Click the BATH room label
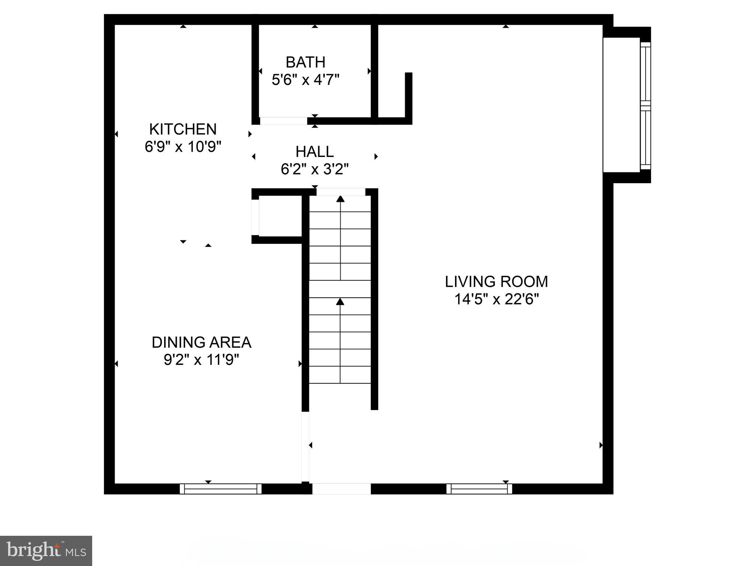click(x=305, y=62)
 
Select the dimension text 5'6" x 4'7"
click(x=305, y=80)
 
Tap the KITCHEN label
click(x=183, y=129)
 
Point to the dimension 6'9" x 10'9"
click(x=183, y=147)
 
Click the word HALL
click(x=314, y=152)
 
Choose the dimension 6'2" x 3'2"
click(x=314, y=169)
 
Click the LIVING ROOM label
click(x=496, y=282)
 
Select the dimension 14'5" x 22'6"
click(x=496, y=299)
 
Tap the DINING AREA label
click(x=201, y=343)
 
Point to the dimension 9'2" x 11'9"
click(x=201, y=360)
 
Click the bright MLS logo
click(x=46, y=551)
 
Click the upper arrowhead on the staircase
click(x=340, y=199)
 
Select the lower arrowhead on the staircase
click(x=340, y=302)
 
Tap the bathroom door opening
click(x=283, y=121)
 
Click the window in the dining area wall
click(x=220, y=489)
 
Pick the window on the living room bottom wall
click(x=479, y=489)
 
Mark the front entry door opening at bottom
click(x=341, y=489)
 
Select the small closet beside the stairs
click(x=280, y=217)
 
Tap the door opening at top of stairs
click(x=341, y=192)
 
